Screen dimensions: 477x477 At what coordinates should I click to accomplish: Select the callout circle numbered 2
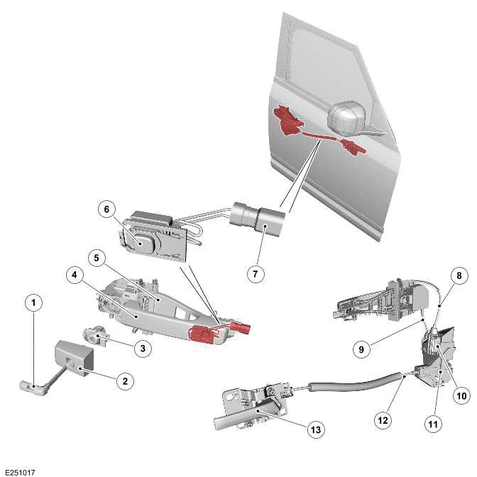(x=124, y=381)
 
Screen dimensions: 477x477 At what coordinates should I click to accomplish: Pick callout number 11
(x=433, y=424)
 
